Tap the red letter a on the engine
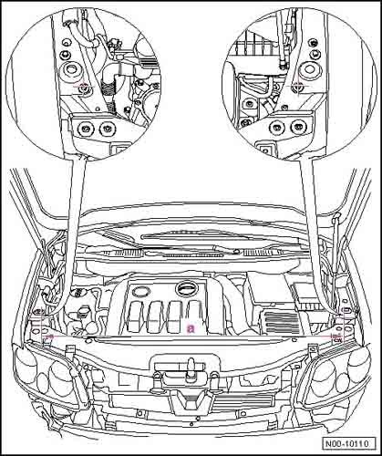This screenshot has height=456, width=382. (191, 326)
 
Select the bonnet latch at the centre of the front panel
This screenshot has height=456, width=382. (191, 368)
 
